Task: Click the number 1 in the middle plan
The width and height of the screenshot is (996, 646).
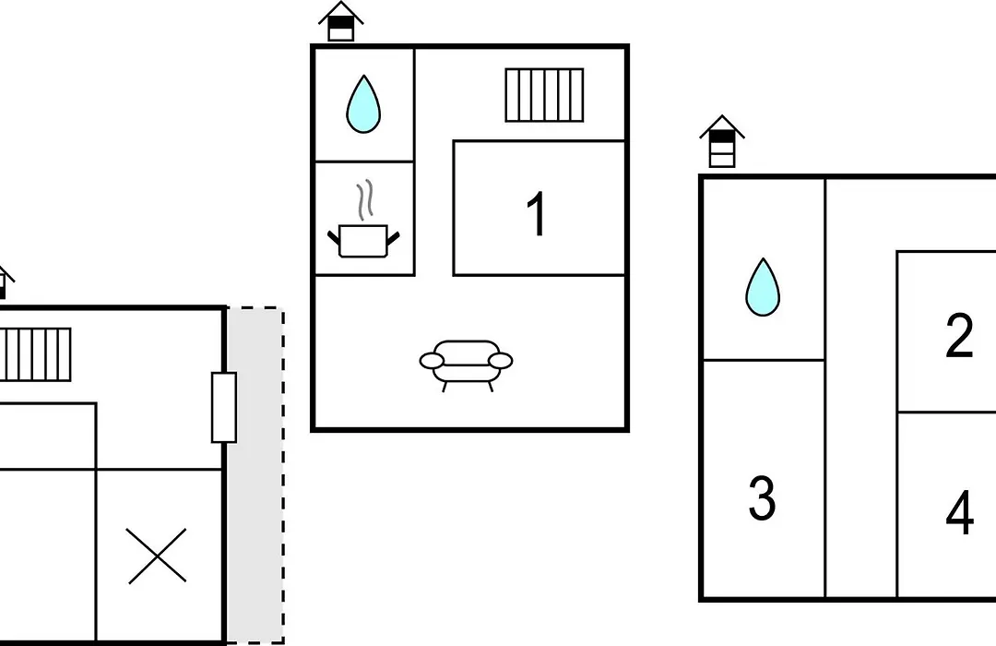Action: point(538,213)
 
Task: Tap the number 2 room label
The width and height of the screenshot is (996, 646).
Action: point(959,335)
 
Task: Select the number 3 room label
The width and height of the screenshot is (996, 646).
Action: point(763,498)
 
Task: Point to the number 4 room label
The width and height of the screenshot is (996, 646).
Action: point(959,512)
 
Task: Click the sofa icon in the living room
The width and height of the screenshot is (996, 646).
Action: point(467,365)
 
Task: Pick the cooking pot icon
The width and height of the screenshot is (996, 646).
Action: point(364,241)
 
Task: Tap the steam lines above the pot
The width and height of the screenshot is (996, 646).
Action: point(364,199)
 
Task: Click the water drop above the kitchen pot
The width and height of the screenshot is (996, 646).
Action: point(363,104)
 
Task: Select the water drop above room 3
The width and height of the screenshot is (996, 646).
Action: point(763,287)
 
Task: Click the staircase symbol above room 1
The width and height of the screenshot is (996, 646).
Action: point(544,95)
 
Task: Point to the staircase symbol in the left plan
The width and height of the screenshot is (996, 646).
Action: point(35,354)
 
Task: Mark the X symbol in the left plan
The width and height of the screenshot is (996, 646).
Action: point(157,556)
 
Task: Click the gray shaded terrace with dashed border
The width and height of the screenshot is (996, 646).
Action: point(255,475)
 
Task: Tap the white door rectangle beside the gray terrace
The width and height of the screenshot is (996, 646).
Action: point(224,408)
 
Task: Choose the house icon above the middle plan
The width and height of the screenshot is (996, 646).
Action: point(341,21)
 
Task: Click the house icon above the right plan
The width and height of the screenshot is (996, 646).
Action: point(722,141)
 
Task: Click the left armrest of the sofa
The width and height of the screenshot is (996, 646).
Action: point(432,361)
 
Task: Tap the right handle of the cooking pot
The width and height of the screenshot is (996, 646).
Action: point(393,239)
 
